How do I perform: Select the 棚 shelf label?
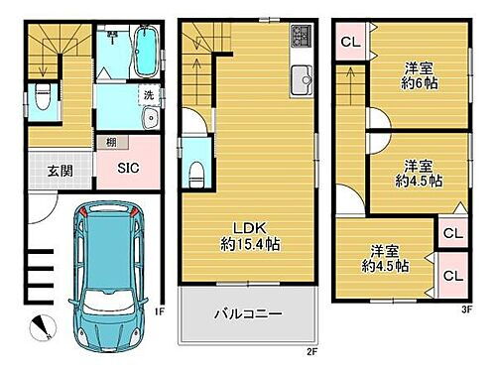click(x=105, y=143)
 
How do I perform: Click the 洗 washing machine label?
click(x=148, y=96)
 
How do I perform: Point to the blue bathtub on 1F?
click(x=144, y=51)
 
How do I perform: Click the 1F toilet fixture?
click(x=41, y=96)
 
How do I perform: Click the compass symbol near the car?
click(x=37, y=323)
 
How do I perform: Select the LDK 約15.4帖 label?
click(x=249, y=231)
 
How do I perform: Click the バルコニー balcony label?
click(x=249, y=313)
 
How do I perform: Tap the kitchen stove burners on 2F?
click(x=302, y=40)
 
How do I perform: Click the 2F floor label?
click(x=310, y=350)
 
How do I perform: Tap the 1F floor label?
click(x=159, y=309)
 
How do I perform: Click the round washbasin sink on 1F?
click(x=150, y=120)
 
